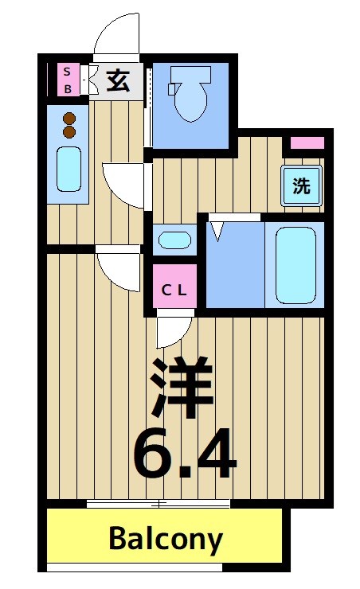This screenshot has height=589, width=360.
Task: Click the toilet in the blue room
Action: pos(191,96)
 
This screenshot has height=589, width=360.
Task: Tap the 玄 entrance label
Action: pos(118,81)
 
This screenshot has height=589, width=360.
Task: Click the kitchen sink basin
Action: pos(69,168)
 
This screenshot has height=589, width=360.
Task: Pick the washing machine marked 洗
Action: pos(301,186)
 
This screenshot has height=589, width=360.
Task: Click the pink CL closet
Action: pos(174,290)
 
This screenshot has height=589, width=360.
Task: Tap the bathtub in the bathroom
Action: pos(296,263)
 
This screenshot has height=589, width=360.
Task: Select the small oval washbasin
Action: pos(174,239)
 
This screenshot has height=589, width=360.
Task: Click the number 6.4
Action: pos(184,454)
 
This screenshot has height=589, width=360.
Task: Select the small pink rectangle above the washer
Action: pos(307,144)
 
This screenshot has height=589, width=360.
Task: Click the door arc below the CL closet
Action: pos(173,331)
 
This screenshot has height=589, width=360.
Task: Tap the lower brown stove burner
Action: pos(69,131)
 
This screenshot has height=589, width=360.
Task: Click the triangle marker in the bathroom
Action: pos(217,231)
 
